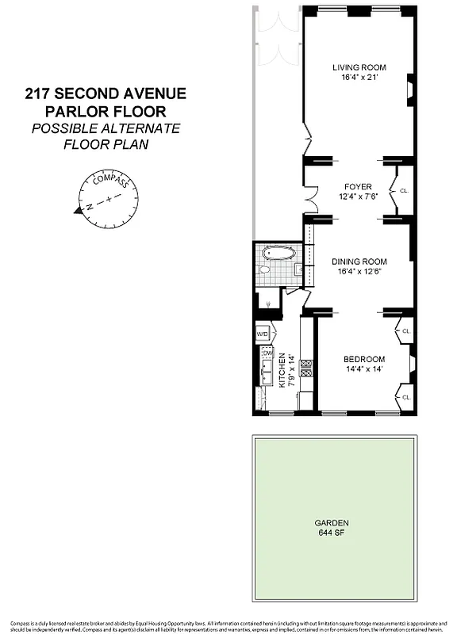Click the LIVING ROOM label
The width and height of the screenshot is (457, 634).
pos(359,67)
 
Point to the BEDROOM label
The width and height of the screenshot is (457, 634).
pos(365,359)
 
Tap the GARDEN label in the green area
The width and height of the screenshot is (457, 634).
pos(332,523)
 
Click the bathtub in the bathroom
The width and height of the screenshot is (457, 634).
pos(278,254)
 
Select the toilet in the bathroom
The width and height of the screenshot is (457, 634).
pos(267,271)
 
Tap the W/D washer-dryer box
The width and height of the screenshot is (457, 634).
pos(263,334)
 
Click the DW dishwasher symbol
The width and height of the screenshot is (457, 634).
pos(267,353)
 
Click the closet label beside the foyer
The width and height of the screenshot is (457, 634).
pos(405,191)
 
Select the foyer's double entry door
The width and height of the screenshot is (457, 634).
pos(311,194)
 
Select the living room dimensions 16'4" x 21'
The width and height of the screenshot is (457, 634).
pos(359,78)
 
